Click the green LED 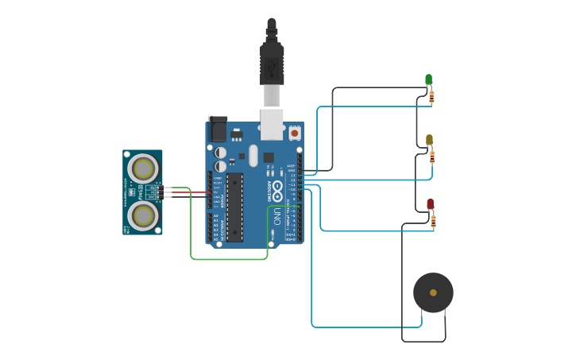(428, 79)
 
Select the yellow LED (429, 140)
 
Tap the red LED (430, 203)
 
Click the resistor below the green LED (431, 97)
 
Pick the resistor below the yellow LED (432, 157)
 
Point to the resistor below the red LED (433, 222)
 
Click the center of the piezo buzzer (433, 292)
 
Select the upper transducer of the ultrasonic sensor (143, 168)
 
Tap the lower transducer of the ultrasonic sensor (143, 215)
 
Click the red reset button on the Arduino (295, 134)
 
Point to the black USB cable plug (272, 60)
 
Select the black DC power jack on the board (218, 130)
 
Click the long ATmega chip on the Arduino (234, 207)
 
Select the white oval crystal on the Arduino (253, 155)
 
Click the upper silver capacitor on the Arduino (220, 152)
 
